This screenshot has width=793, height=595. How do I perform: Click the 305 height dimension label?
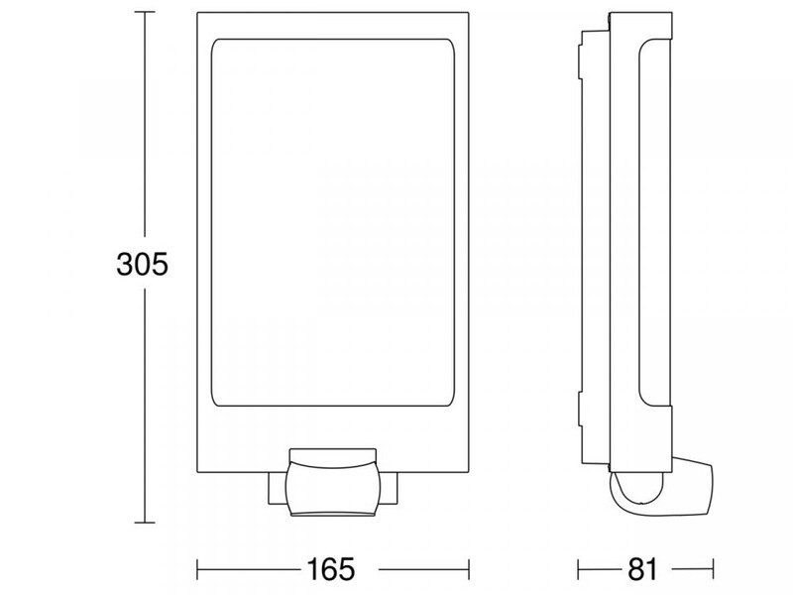coord(142,264)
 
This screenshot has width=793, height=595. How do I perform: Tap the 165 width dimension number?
coord(331,569)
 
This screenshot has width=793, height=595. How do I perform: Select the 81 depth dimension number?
coord(642,569)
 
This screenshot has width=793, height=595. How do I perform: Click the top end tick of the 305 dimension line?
coord(145,12)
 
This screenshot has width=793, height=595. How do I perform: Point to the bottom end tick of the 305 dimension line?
coord(145,523)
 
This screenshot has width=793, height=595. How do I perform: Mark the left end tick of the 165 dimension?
coord(197,569)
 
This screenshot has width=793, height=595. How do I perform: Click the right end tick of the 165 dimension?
coord(469,569)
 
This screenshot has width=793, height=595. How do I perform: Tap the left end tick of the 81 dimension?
coord(578,569)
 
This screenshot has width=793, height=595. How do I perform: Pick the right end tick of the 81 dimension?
coord(713,569)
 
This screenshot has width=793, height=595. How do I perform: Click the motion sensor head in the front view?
coord(332,482)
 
